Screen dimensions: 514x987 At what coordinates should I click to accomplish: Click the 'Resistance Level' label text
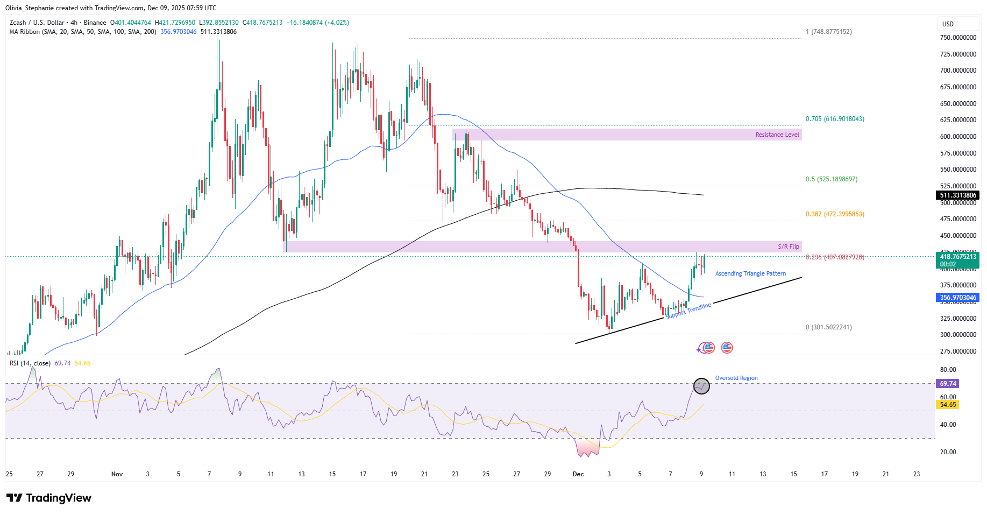coord(777,135)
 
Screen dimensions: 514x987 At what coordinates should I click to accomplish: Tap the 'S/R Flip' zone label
coord(788,247)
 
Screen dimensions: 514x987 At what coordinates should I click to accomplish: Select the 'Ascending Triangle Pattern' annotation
coord(750,273)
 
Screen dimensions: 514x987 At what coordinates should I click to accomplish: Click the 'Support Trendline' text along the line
coord(688,311)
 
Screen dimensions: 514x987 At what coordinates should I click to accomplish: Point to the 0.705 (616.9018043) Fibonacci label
coord(835,119)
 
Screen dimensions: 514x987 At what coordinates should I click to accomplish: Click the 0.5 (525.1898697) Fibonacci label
coord(831,179)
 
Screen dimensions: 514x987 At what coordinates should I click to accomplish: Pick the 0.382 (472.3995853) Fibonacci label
coord(835,214)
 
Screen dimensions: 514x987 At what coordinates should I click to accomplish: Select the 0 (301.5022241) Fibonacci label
coord(828,327)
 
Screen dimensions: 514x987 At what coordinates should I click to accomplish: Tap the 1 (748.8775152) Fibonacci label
coord(828,32)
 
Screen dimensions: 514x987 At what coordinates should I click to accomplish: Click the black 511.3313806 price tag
coord(957,195)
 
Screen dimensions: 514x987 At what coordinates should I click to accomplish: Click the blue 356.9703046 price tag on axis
coord(957,298)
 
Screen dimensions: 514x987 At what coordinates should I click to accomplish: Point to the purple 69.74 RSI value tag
coord(948,384)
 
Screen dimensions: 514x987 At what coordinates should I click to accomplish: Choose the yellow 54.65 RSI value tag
coord(948,405)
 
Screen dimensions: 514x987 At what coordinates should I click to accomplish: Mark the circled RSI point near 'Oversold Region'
coord(701,385)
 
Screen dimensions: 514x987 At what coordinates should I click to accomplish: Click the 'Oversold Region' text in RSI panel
coord(736,378)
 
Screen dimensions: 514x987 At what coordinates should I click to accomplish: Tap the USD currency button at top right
coord(948,24)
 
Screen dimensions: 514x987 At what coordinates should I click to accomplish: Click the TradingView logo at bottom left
coord(49,498)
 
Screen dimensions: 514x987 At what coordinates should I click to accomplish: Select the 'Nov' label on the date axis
coord(117,474)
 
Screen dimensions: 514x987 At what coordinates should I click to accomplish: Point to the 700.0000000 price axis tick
coord(957,71)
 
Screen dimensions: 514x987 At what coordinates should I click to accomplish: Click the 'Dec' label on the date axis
coord(578,474)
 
